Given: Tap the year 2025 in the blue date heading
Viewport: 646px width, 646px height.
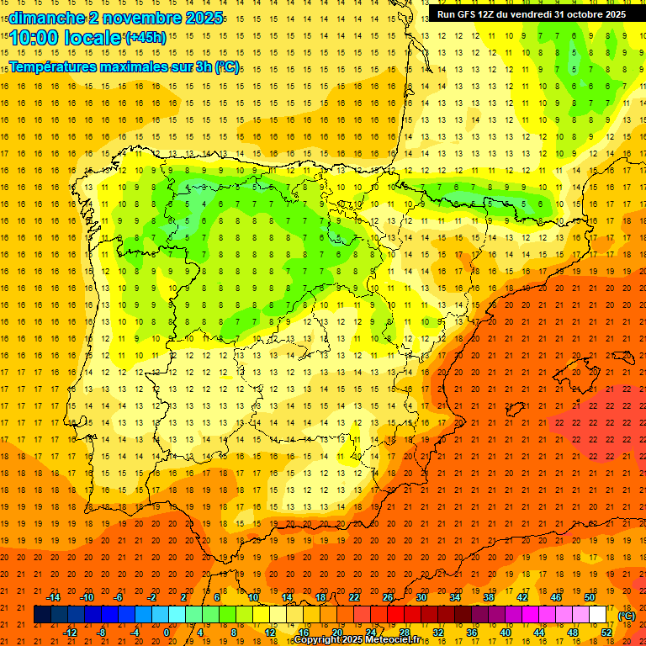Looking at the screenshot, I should tap(203, 18).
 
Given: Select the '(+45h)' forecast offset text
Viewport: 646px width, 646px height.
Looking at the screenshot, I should tap(145, 37).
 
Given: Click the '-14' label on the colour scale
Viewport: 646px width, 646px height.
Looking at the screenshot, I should tap(53, 597).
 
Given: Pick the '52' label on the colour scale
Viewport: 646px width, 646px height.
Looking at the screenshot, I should tap(606, 633).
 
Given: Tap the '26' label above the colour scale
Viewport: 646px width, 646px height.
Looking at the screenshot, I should tap(388, 597).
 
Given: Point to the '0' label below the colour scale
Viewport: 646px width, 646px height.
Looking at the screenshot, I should tap(167, 633).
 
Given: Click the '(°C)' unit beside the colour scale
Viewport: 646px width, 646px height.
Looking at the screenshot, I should tap(626, 616).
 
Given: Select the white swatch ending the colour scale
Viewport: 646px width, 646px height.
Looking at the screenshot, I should tap(598, 615).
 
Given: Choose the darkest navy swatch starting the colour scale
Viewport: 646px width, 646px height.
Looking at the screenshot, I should tap(42, 615).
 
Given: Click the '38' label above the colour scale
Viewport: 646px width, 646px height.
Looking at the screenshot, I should tap(489, 597).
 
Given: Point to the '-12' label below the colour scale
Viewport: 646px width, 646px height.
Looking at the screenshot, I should tap(70, 633).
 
